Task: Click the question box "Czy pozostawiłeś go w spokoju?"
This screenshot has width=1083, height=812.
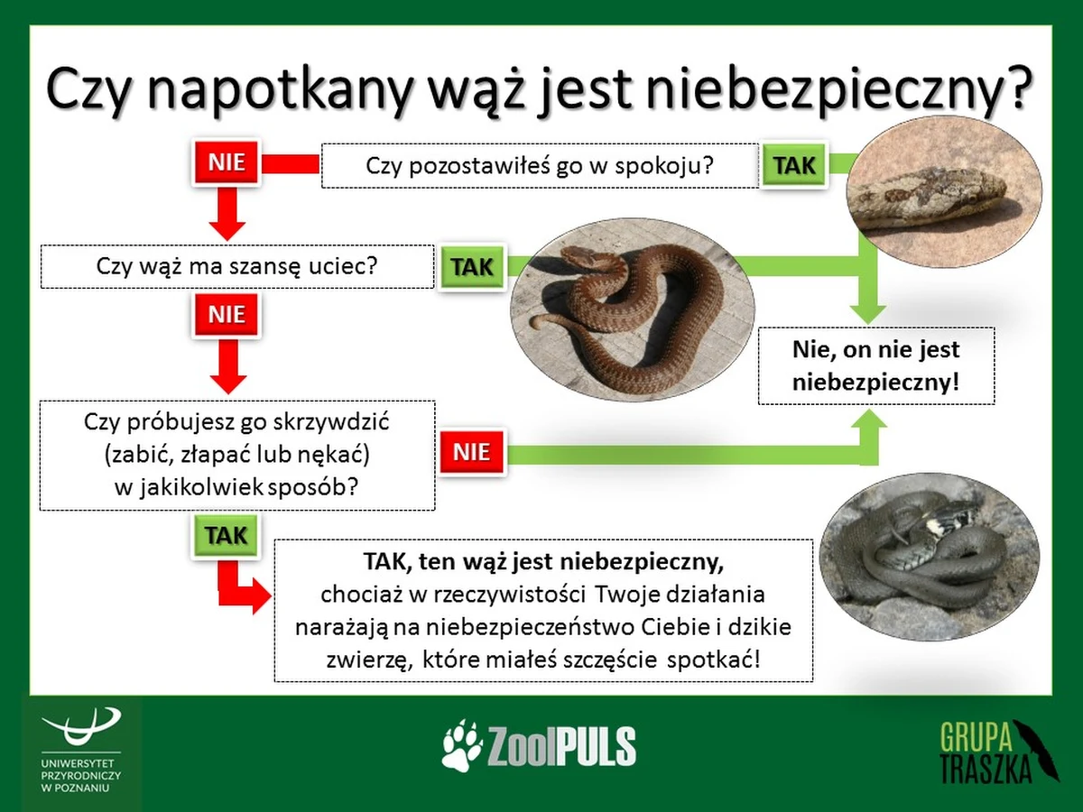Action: (x=540, y=166)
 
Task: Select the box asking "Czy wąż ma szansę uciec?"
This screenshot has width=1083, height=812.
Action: (x=237, y=268)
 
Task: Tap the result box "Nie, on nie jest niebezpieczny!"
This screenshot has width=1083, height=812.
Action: (x=875, y=365)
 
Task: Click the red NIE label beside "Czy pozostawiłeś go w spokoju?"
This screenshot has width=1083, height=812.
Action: (x=227, y=162)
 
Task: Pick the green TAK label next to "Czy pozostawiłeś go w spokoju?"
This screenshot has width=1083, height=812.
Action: (x=794, y=166)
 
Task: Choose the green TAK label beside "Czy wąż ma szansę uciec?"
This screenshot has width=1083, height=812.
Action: (x=471, y=268)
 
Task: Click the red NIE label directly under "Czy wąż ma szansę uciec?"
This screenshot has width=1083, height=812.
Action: (x=227, y=315)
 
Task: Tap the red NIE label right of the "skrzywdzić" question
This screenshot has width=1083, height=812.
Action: (x=471, y=452)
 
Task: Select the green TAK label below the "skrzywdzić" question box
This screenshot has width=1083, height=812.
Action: (x=225, y=535)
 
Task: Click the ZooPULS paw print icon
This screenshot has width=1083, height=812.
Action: (x=463, y=744)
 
